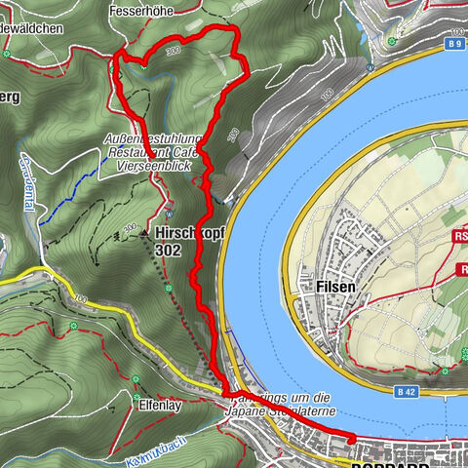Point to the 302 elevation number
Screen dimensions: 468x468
pos(168,249)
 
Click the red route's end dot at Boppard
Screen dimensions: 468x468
pos(348,441)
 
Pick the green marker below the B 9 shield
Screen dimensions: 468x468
pos(371,64)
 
